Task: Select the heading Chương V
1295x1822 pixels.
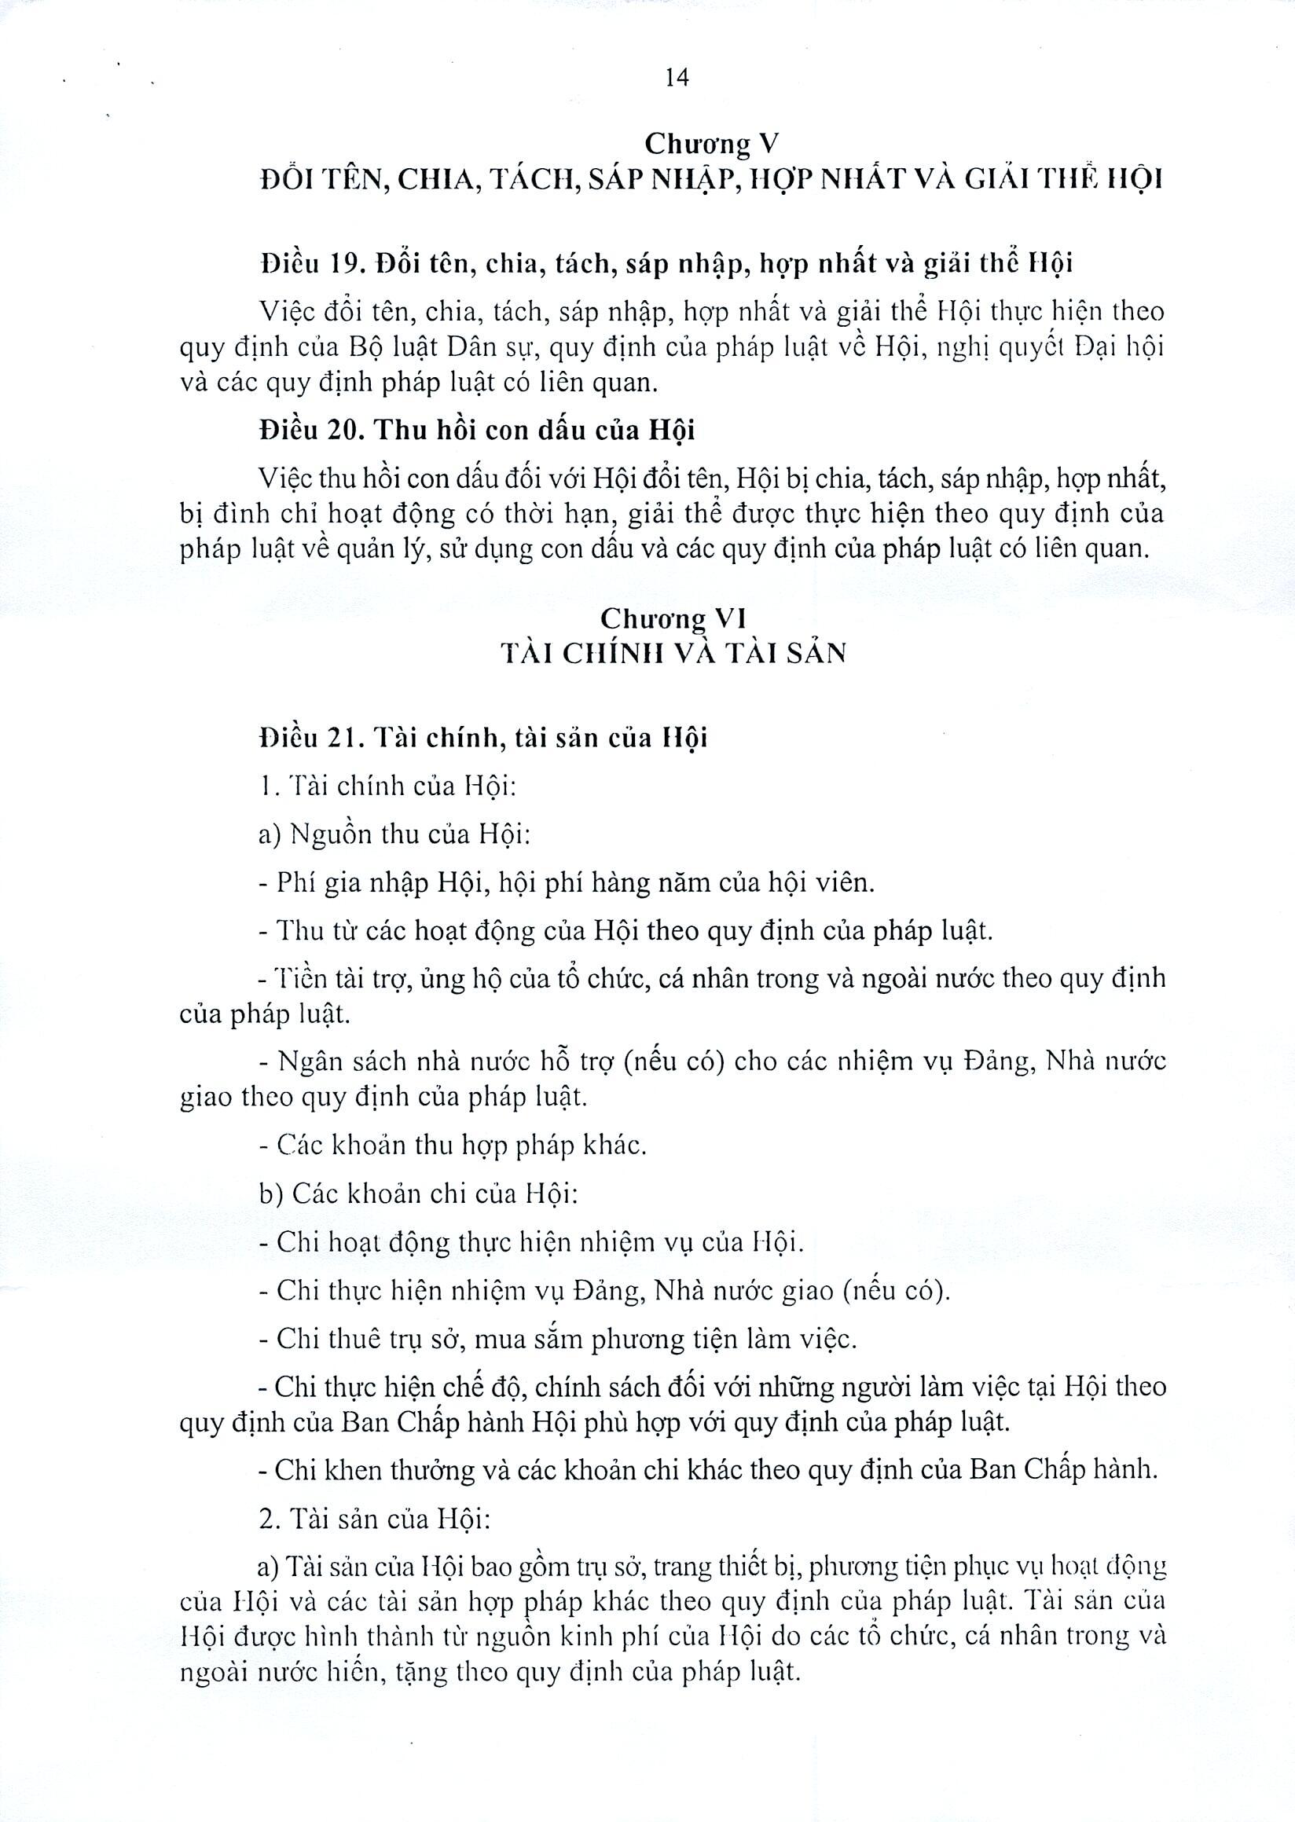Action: pyautogui.click(x=710, y=144)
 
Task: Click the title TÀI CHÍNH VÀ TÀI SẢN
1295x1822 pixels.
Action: pyautogui.click(x=673, y=653)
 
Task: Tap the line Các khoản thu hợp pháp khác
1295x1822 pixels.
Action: pyautogui.click(x=452, y=1146)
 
